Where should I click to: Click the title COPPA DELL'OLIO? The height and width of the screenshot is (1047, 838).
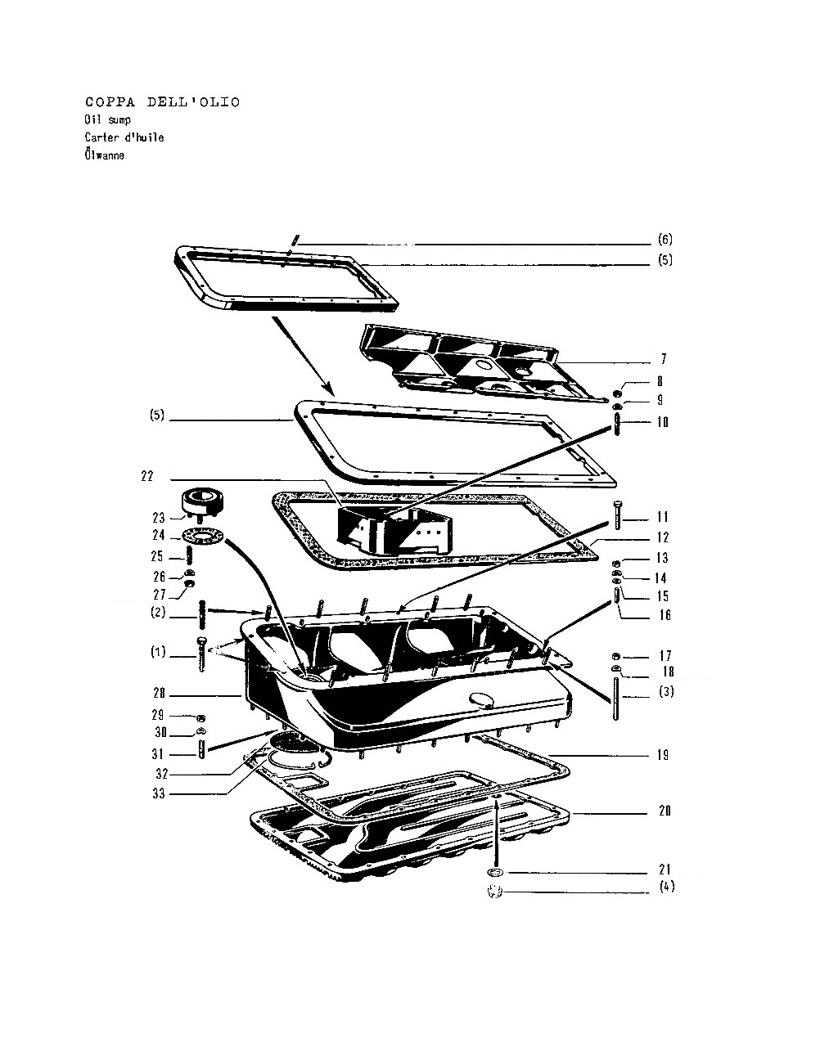tap(163, 102)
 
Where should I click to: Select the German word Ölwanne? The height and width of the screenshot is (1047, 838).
tap(104, 155)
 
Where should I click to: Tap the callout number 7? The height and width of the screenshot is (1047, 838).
tap(663, 359)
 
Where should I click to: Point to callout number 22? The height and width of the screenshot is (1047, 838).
tap(147, 476)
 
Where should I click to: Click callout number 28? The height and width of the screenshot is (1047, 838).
tap(160, 693)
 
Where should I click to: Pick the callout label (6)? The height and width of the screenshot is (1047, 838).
tap(665, 240)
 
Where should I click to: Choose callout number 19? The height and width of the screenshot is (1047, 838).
tap(663, 755)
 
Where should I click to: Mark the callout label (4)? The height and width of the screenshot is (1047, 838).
tap(667, 887)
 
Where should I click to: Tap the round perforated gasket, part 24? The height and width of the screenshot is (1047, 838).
tap(203, 536)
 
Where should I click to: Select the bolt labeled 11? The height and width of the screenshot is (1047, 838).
tap(617, 515)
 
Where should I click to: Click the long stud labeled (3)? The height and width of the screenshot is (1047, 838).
tap(616, 699)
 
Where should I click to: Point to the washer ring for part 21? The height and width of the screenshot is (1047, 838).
tap(495, 871)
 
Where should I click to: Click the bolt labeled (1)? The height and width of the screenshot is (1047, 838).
tap(201, 654)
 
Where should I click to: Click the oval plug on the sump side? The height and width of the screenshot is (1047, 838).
tap(481, 699)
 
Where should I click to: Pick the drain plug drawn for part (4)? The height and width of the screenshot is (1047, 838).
tap(495, 892)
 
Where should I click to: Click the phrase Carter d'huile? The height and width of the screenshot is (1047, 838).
tap(124, 137)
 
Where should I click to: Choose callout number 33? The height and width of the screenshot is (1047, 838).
tap(159, 793)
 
